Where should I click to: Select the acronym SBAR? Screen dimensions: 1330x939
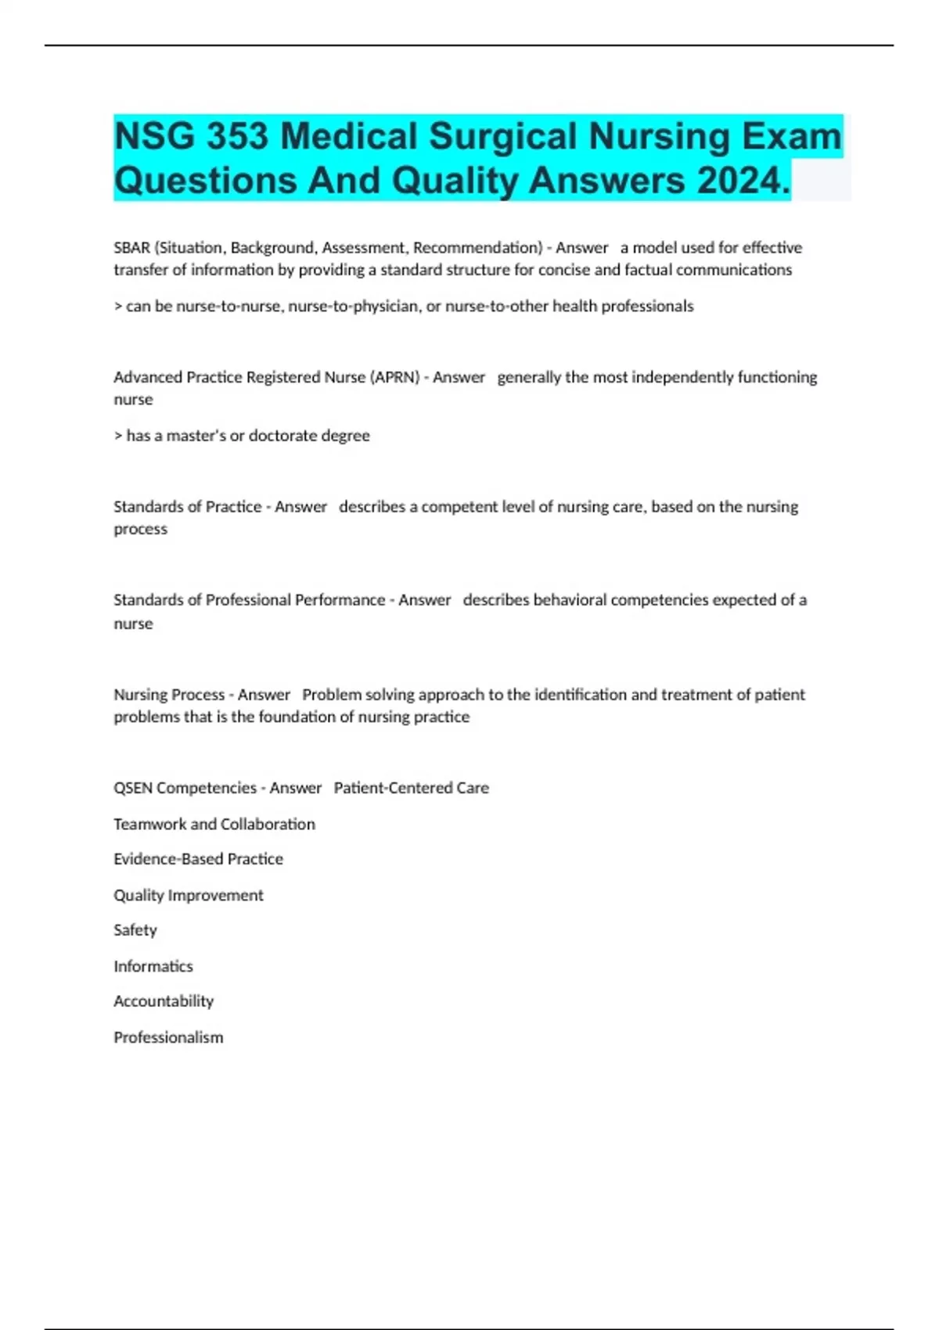point(131,248)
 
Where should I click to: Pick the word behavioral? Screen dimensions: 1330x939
point(570,600)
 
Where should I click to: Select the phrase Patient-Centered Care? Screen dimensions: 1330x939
point(411,788)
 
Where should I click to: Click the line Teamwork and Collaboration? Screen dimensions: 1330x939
point(214,824)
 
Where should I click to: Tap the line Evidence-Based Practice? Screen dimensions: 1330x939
point(198,859)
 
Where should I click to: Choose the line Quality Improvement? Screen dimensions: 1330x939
point(189,895)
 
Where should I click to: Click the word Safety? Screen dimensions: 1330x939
point(135,930)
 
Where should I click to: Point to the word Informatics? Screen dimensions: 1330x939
point(153,966)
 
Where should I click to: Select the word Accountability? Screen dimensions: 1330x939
point(164,1001)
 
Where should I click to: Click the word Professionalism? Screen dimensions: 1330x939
point(168,1037)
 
